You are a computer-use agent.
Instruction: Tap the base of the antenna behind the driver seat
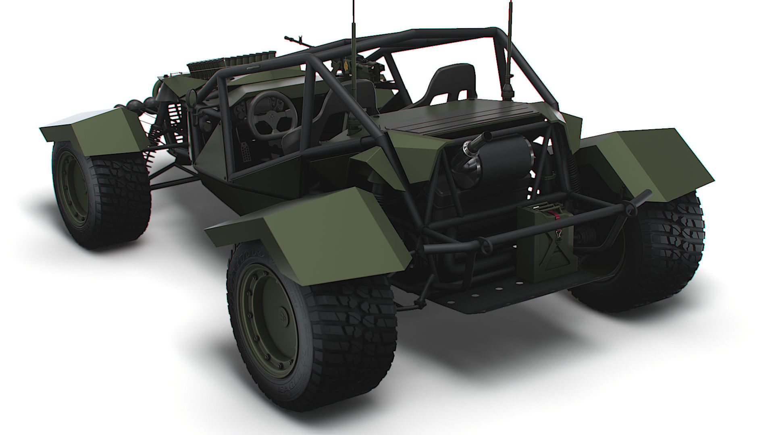pyautogui.click(x=354, y=126)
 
